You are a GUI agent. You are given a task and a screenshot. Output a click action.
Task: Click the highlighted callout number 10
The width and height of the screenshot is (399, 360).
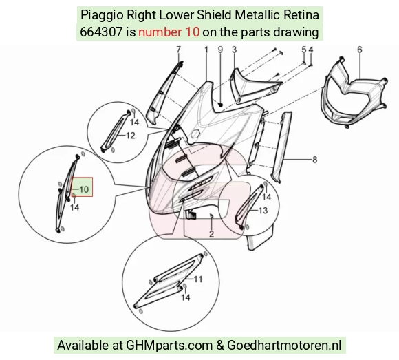tap(84, 189)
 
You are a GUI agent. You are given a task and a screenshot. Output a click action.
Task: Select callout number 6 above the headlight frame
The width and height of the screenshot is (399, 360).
tap(360, 50)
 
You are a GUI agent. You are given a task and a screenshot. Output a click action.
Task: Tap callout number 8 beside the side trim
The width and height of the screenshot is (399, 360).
tap(315, 160)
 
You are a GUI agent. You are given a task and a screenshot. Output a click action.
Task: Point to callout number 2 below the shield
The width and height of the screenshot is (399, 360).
tap(211, 234)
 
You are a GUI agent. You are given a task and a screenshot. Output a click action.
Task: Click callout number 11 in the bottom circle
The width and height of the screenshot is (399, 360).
tap(198, 279)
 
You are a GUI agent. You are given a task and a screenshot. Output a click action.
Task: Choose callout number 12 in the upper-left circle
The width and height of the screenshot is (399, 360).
tap(131, 136)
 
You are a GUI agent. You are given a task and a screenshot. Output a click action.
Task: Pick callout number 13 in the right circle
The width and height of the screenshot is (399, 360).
tap(263, 211)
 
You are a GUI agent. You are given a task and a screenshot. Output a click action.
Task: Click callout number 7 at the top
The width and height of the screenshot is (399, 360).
tap(178, 50)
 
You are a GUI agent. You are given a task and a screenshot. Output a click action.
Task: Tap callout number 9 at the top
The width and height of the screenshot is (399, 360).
tap(220, 50)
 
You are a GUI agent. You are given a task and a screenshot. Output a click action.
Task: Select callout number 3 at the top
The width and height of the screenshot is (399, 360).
tap(235, 50)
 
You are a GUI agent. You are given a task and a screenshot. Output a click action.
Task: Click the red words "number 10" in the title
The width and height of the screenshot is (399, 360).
tap(169, 32)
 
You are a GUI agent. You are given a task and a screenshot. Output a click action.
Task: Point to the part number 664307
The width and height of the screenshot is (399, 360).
tap(101, 32)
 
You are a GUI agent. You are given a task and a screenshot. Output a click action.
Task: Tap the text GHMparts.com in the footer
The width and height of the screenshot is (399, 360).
tap(169, 346)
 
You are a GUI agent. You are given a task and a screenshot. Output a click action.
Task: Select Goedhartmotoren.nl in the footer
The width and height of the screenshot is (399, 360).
tap(284, 346)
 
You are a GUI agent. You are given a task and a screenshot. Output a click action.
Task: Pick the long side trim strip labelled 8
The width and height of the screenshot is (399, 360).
tap(281, 147)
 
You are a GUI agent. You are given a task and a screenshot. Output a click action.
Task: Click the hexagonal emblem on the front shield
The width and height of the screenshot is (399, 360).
tap(195, 134)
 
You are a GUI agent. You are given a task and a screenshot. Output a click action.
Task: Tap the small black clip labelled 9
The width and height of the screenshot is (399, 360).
tap(220, 104)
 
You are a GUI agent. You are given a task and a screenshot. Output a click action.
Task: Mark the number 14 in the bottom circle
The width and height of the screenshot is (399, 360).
tap(186, 297)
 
